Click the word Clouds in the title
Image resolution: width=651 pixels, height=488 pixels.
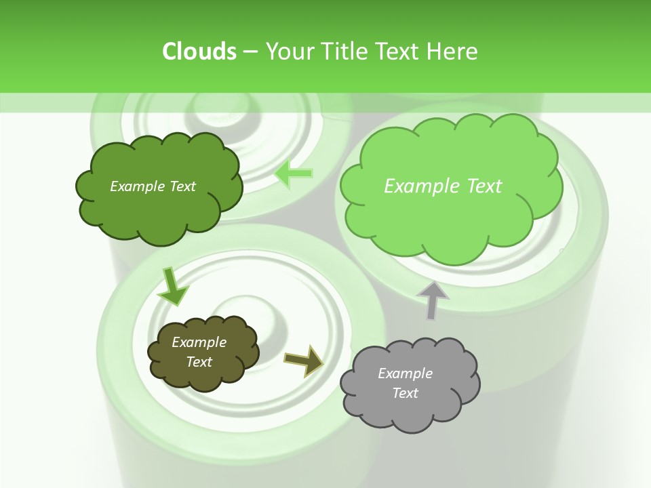coord(199,52)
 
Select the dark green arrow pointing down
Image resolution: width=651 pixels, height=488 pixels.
coord(172,285)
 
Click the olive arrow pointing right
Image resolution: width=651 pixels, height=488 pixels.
coord(304,360)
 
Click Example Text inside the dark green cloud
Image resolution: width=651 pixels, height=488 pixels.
coord(153,186)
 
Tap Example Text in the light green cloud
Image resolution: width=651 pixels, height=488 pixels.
coord(443,186)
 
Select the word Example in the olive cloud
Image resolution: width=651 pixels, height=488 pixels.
coord(199,342)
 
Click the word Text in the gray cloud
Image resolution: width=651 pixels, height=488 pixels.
coord(405,393)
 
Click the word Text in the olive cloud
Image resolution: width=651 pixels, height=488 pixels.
coord(199,362)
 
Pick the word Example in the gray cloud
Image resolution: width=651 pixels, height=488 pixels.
coord(405,373)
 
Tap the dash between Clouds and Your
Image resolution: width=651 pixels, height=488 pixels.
coord(250,52)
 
